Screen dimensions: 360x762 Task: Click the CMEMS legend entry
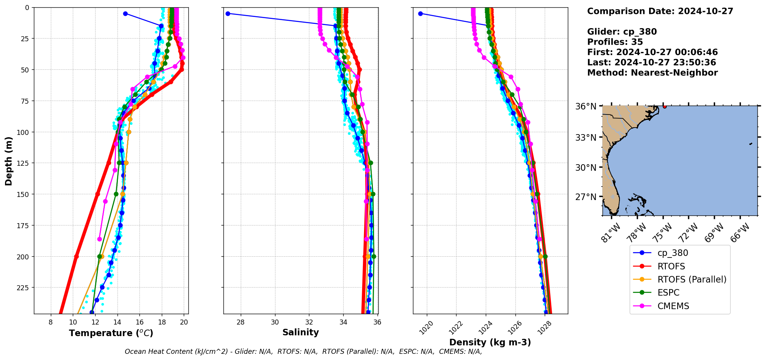(x=673, y=306)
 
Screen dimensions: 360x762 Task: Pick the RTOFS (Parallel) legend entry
(x=692, y=279)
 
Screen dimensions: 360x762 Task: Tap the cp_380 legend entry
(x=673, y=253)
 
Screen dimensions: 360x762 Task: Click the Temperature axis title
(x=111, y=333)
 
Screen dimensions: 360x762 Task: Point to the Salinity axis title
(x=300, y=332)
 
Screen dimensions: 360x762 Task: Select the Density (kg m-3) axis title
(x=490, y=342)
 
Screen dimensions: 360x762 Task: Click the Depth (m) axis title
(x=8, y=161)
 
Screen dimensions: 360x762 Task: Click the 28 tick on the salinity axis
(x=241, y=322)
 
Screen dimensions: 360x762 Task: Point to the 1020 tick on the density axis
(x=426, y=328)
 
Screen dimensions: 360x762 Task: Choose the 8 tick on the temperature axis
(x=50, y=322)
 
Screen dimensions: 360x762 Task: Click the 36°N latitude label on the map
(x=586, y=106)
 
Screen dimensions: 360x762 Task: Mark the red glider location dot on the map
(x=665, y=106)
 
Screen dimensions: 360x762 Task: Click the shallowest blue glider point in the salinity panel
(x=228, y=13)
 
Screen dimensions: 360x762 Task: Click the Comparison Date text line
(x=660, y=11)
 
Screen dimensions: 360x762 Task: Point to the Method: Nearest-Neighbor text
(x=652, y=73)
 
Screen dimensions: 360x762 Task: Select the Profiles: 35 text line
(x=615, y=42)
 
